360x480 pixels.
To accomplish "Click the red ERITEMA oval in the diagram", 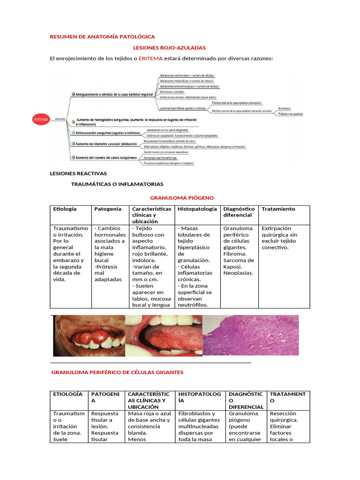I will (40, 119).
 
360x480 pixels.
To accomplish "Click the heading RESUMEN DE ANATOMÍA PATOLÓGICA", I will (102, 37).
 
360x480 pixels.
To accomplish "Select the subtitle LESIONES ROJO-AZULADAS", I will (169, 48).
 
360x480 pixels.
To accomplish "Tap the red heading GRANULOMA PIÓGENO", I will (181, 198).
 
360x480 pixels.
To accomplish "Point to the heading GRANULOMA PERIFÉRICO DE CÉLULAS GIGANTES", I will (117, 372).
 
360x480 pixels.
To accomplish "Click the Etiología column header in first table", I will (65, 209).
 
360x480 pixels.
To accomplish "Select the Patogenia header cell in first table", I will (108, 209).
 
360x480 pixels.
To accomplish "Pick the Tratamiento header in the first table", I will (278, 209).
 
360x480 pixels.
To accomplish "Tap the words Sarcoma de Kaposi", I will (239, 263).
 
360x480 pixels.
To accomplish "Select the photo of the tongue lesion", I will (164, 335).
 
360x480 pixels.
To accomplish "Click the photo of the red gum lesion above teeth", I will (89, 335).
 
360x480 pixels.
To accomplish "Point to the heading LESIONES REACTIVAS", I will (78, 173).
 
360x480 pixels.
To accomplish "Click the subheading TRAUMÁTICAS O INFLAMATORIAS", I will (117, 184).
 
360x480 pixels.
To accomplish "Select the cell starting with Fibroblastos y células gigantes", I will (198, 427).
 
